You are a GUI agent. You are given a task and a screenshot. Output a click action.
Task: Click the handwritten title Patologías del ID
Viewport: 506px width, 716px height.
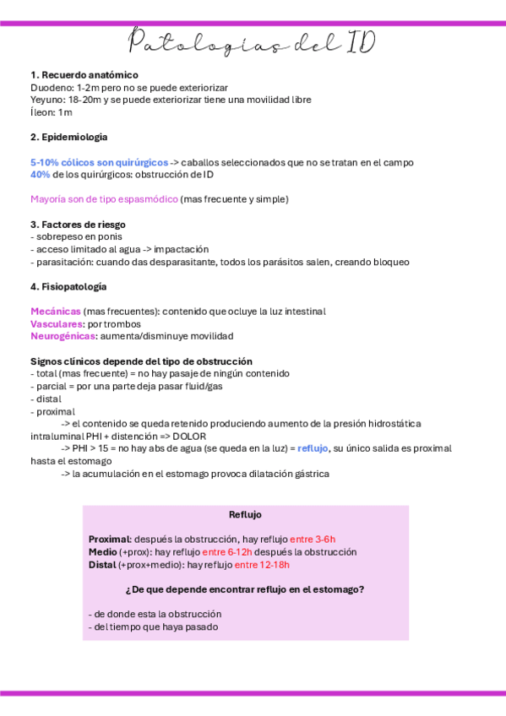pyautogui.click(x=253, y=42)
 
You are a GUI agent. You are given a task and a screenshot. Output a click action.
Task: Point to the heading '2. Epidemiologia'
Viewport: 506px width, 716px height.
pyautogui.click(x=68, y=137)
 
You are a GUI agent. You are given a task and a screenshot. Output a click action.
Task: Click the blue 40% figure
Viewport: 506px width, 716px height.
pyautogui.click(x=40, y=175)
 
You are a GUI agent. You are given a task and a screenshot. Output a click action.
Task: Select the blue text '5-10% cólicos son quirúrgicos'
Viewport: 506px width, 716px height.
pyautogui.click(x=99, y=162)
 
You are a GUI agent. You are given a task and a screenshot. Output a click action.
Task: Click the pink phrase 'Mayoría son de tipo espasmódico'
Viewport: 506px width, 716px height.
pyautogui.click(x=104, y=199)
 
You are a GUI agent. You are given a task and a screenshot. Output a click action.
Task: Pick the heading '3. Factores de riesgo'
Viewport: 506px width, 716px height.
pyautogui.click(x=78, y=225)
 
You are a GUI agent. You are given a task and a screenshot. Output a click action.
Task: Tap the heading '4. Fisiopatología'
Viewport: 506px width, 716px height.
pyautogui.click(x=68, y=286)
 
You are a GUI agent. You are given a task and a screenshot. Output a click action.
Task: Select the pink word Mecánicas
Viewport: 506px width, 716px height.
pyautogui.click(x=56, y=312)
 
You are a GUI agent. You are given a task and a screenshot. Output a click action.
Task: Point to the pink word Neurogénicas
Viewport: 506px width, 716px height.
pyautogui.click(x=63, y=336)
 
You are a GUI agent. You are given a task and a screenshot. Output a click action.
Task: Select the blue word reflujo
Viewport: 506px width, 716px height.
pyautogui.click(x=313, y=448)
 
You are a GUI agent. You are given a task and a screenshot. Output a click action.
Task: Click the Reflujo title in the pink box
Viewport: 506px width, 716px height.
pyautogui.click(x=245, y=514)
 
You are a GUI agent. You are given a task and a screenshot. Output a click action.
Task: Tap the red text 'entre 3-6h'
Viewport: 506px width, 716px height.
pyautogui.click(x=313, y=539)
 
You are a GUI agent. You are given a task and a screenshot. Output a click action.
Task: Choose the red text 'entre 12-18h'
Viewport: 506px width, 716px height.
pyautogui.click(x=262, y=564)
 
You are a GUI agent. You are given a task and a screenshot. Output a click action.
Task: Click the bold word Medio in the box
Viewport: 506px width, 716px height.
pyautogui.click(x=102, y=551)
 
